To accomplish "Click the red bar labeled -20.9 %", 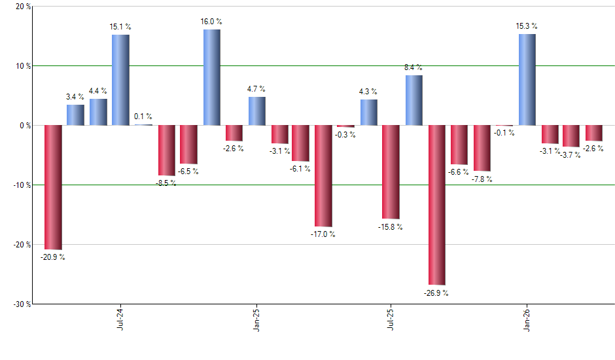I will click(x=53, y=187).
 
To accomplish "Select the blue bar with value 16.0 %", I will click(x=211, y=77).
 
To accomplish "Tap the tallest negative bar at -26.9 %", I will click(x=436, y=204).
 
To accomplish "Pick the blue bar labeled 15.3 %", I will click(x=527, y=79).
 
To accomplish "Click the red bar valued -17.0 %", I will click(x=323, y=175).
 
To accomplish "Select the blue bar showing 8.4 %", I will click(x=413, y=100).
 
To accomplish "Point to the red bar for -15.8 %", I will click(x=391, y=171).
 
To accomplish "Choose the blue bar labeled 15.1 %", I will click(x=120, y=80).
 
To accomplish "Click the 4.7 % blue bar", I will click(x=256, y=111).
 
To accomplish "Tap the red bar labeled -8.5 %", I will click(x=166, y=150).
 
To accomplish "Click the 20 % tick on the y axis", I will click(x=22, y=7).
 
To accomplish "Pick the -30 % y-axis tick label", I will click(x=20, y=304).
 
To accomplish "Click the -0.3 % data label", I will click(x=345, y=135).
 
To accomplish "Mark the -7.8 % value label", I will click(x=482, y=179).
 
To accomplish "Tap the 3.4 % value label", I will click(x=75, y=97).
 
